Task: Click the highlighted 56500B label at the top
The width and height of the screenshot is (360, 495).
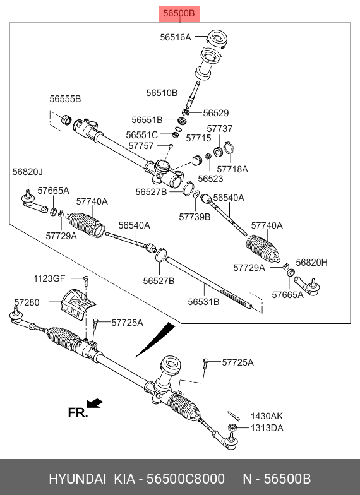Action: pos(179,14)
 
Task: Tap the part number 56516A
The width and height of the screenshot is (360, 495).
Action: pos(176,37)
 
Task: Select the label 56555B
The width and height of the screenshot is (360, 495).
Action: pos(65,98)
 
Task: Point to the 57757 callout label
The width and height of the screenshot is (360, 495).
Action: pos(141,146)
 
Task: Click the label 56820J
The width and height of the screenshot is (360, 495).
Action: pos(28,172)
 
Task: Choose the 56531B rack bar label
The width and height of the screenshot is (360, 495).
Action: pos(203,302)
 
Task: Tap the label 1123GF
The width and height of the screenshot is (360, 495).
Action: pos(49,278)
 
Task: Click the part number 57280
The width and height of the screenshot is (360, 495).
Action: pos(27,302)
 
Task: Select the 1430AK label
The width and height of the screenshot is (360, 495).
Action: pos(267,416)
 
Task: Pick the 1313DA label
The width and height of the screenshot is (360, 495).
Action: pos(267,428)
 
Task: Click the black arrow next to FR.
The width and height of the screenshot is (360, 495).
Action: pos(95,403)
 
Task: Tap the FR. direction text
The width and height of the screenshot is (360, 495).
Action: pos(78,413)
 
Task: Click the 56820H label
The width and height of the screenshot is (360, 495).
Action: pos(312,263)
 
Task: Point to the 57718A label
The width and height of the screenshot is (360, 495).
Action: pos(232,169)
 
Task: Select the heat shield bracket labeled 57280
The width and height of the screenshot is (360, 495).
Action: pos(77,304)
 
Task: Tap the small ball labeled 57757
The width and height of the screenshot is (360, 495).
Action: pos(171,146)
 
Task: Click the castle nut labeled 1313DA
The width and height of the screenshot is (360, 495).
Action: pos(232,428)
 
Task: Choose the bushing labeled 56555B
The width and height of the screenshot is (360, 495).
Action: pos(66,120)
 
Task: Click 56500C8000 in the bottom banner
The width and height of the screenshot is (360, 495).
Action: pos(186,479)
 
